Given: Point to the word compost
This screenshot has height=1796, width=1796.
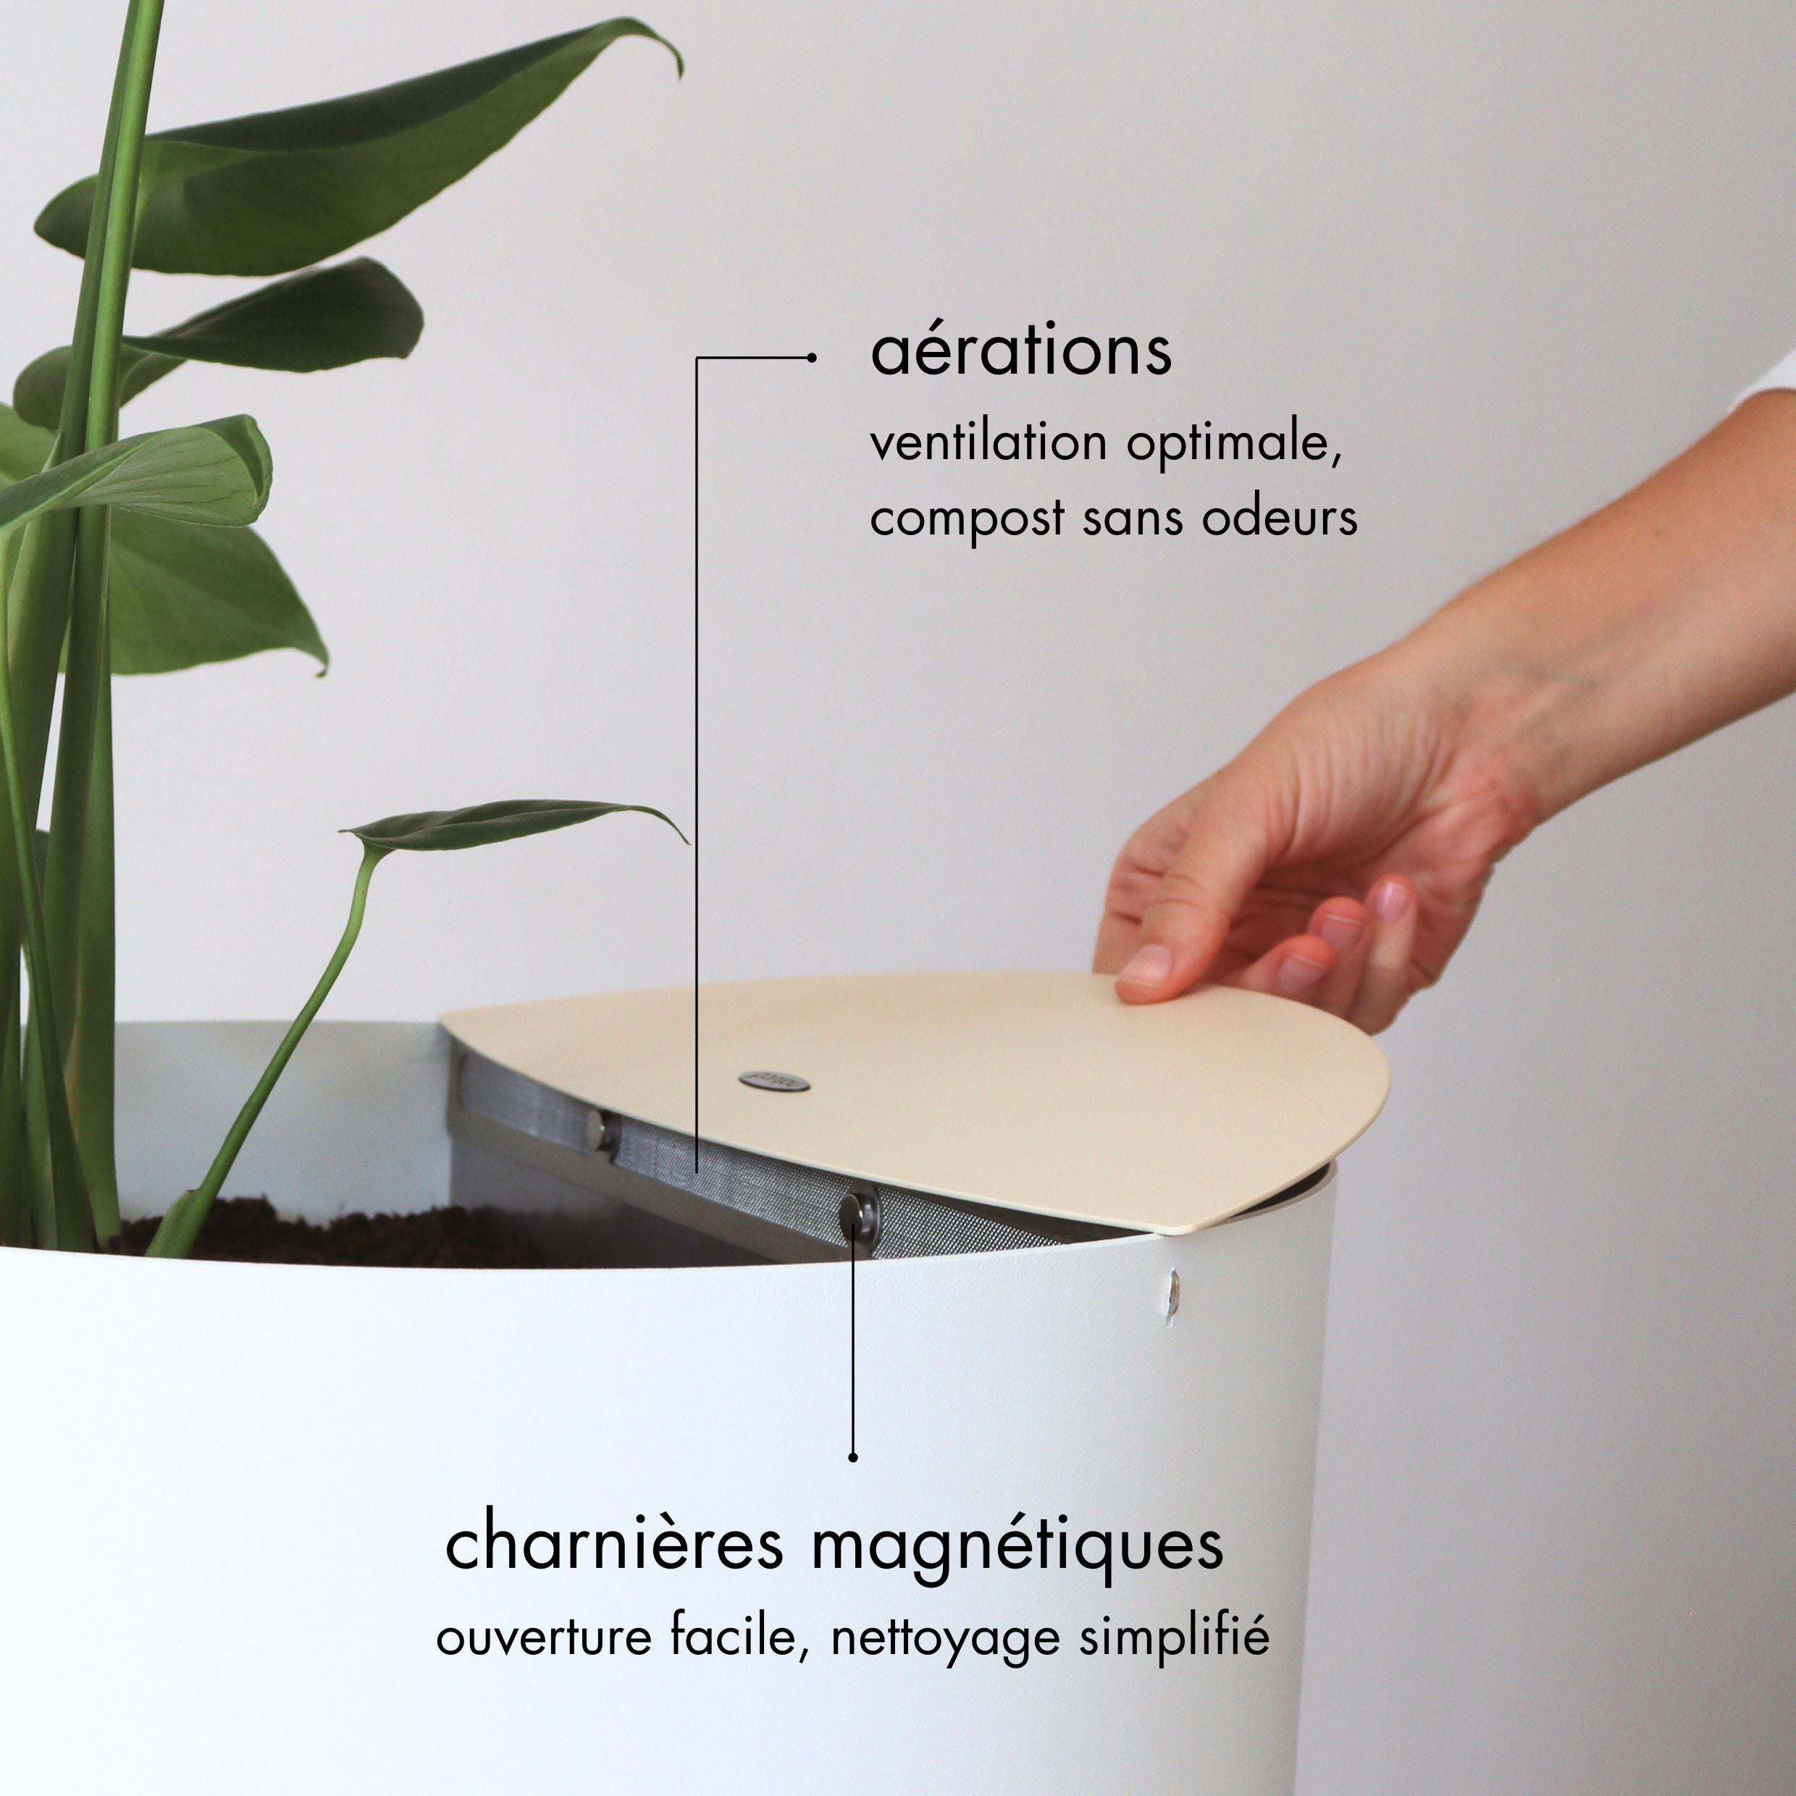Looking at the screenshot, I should (x=967, y=519).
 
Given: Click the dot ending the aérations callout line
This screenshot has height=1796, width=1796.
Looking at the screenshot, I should (x=812, y=357).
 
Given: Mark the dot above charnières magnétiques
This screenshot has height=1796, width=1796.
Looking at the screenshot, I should (x=853, y=1456).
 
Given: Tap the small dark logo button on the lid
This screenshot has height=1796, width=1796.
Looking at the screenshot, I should (x=773, y=1081).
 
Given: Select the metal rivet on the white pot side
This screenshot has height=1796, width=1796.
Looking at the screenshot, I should (x=1173, y=1289).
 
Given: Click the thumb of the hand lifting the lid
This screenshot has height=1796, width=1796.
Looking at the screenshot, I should (x=1151, y=967).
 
